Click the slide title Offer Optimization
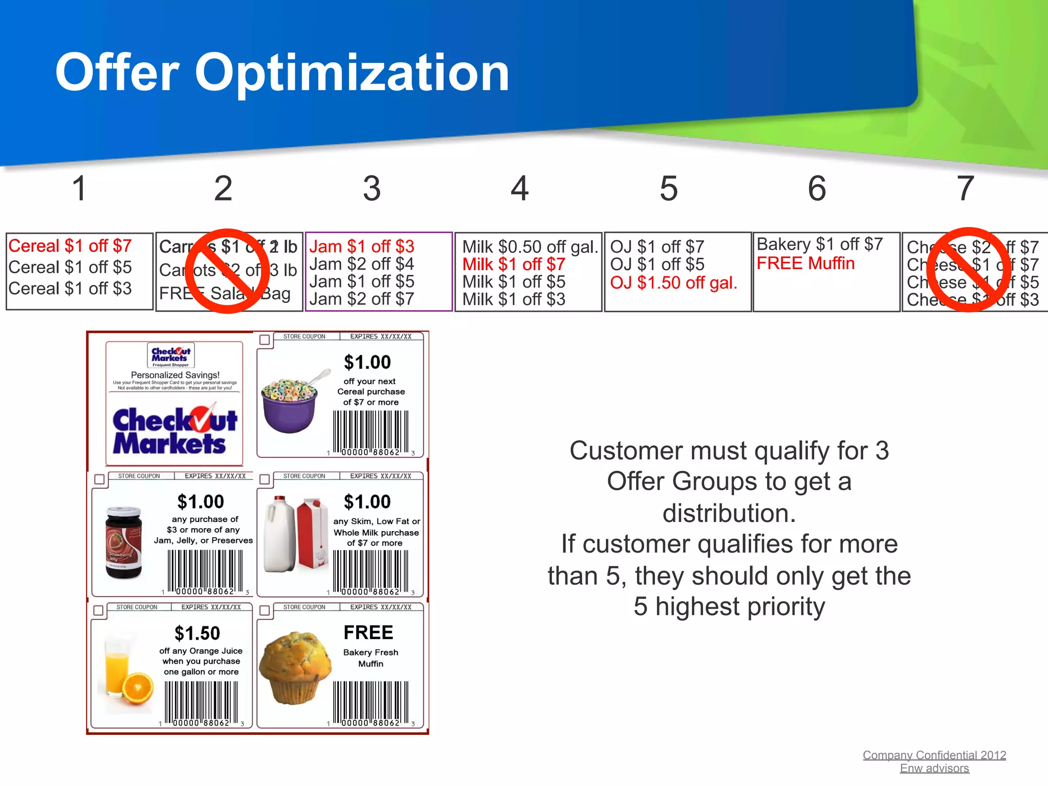pos(282,73)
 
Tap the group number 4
pos(519,188)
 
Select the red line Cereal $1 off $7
pos(70,246)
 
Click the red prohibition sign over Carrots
pos(227,271)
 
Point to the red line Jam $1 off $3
pos(362,247)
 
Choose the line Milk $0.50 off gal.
pos(530,247)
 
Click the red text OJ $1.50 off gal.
pos(673,282)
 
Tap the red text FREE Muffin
pos(805,264)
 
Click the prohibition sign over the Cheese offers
pos(968,270)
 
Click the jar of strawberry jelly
pos(123,542)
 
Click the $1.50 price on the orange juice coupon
pos(197,634)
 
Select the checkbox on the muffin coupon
pos(265,610)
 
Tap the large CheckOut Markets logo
pos(174,431)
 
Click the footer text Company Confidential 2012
pos(934,755)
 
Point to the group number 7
pos(965,188)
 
